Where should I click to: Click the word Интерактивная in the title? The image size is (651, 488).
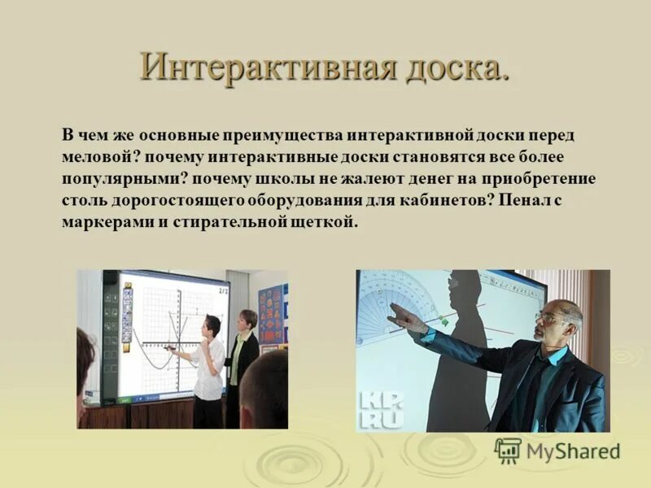[x=268, y=68]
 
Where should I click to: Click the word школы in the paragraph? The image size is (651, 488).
[x=283, y=179]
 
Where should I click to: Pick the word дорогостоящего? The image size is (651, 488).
[x=177, y=201]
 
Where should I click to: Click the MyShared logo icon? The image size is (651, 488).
[x=508, y=451]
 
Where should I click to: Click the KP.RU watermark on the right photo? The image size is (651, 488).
[x=381, y=410]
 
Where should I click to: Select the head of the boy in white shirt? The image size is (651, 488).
[x=211, y=327]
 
